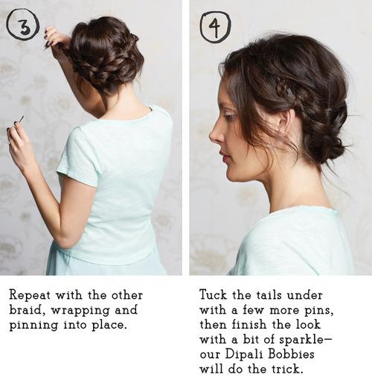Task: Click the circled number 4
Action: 215,27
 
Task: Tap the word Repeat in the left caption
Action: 30,296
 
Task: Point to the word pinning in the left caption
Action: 33,326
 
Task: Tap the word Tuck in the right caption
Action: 214,295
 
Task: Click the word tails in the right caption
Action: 271,295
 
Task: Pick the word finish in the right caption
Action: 249,324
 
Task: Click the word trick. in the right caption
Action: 288,369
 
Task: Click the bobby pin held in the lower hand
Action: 22,119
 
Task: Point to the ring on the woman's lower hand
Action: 10,143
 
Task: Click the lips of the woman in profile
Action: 224,156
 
